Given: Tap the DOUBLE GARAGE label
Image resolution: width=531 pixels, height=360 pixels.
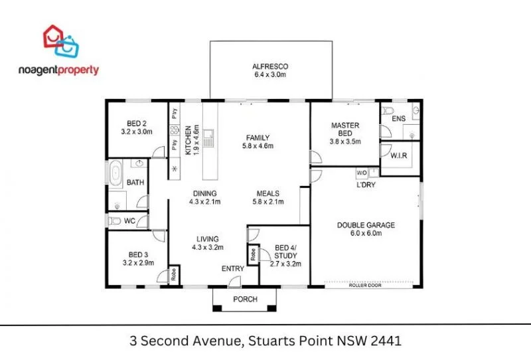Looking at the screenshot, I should pos(366,225).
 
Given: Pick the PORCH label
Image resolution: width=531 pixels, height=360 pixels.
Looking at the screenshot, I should pos(244,299).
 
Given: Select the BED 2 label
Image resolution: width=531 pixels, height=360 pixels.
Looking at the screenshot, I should pos(137,123).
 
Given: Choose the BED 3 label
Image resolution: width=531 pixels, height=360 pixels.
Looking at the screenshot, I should pos(137,254).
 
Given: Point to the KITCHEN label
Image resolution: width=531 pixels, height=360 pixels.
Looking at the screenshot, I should pos(189,140).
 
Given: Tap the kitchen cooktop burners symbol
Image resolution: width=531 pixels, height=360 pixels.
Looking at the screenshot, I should pos(175,130).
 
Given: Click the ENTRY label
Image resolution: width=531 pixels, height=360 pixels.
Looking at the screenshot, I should pos(233,269).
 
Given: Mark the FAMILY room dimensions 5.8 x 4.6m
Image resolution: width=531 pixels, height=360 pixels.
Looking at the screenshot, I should pos(258,146).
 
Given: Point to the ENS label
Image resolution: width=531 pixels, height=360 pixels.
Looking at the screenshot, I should pos(398,119).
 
